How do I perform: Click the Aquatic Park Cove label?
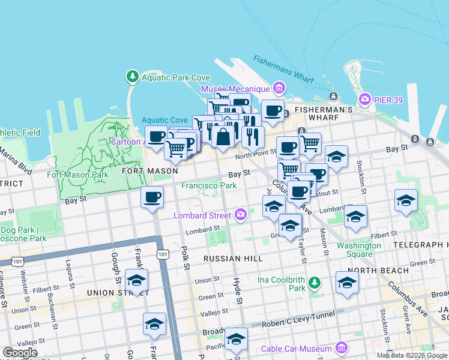coord(175,77)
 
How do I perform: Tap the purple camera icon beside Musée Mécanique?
coord(278,89)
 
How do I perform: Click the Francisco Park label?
coord(209,186)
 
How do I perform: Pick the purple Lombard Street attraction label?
coord(202,215)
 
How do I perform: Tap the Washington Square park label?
coord(359,249)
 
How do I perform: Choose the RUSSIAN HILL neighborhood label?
coord(233,259)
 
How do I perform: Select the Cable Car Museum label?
coord(297,349)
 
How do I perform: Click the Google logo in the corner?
coord(20,352)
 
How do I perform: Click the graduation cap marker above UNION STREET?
coord(137,280)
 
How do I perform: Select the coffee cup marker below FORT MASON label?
coord(152,197)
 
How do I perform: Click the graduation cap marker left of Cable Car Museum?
coord(236,339)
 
